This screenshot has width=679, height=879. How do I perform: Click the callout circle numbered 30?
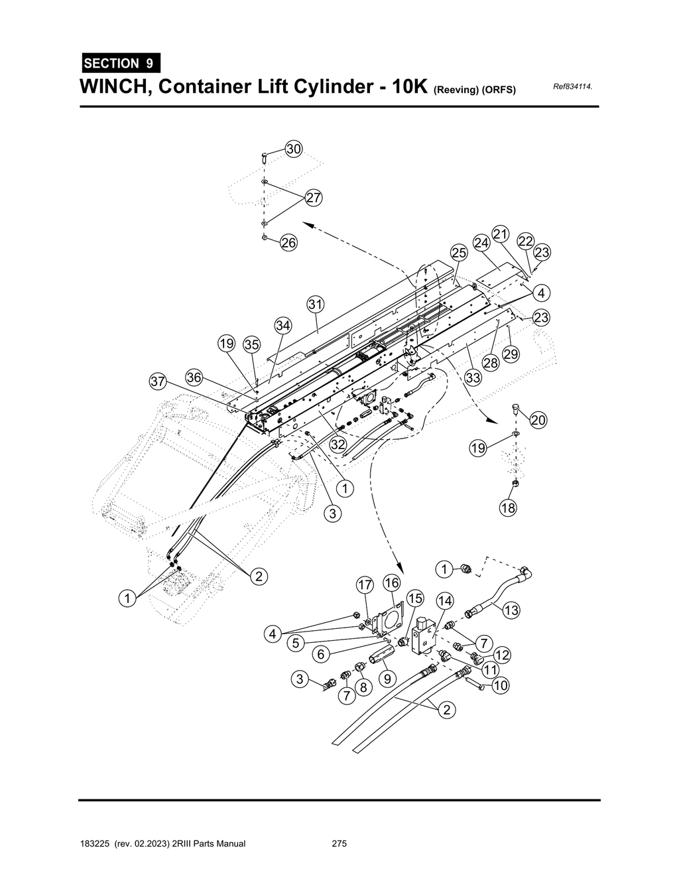coord(293,149)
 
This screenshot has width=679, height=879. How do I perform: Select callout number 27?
coord(313,198)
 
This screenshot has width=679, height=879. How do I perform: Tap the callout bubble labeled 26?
coord(288,243)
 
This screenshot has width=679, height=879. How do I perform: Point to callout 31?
coord(316,304)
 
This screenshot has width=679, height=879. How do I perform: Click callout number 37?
coord(158,381)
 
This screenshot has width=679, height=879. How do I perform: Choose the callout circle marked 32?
coord(338,444)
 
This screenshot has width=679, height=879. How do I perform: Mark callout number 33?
coord(472,378)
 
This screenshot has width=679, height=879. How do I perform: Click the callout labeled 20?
coord(538,420)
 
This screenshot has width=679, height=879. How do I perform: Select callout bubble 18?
coord(508,507)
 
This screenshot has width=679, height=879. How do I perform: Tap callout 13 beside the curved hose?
coord(511,610)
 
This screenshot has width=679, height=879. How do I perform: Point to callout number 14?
coord(444,601)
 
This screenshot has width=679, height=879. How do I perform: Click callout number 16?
coord(392,582)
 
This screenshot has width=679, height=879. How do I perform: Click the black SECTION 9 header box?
coord(120,64)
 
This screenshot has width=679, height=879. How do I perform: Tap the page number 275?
coord(339,844)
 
